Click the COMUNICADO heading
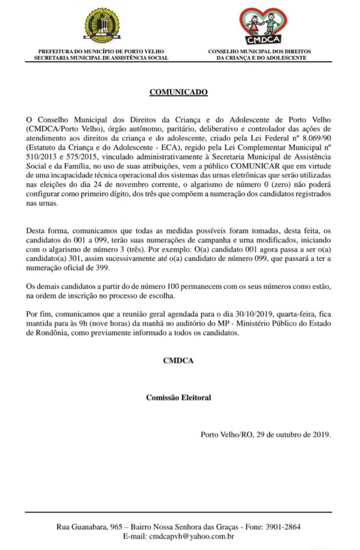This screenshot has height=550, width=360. click(x=178, y=92)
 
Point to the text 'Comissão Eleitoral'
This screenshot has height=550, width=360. click(x=178, y=397)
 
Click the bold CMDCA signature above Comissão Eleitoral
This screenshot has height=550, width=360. click(x=178, y=360)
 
